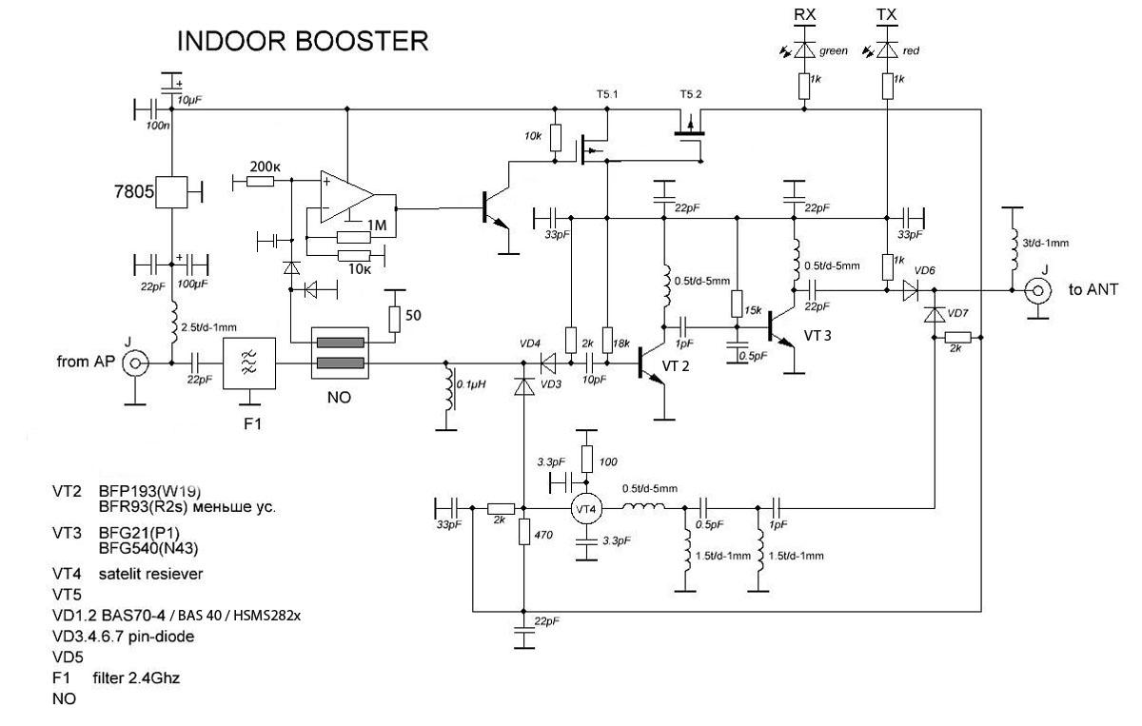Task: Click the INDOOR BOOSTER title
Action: pyautogui.click(x=303, y=42)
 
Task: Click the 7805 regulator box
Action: pyautogui.click(x=171, y=192)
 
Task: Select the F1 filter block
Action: pyautogui.click(x=249, y=363)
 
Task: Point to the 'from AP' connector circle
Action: pyautogui.click(x=138, y=363)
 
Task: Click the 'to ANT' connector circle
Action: pyautogui.click(x=1037, y=288)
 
